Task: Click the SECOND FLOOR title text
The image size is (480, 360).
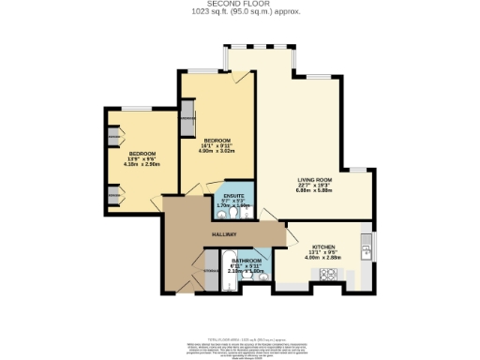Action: point(239,6)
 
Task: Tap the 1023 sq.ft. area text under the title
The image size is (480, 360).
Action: point(239,14)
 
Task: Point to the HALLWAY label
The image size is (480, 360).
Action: point(223,233)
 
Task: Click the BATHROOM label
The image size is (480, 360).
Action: point(247,261)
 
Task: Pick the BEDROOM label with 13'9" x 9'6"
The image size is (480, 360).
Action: point(142,153)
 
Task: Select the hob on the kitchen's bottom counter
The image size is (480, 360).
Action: point(330,274)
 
